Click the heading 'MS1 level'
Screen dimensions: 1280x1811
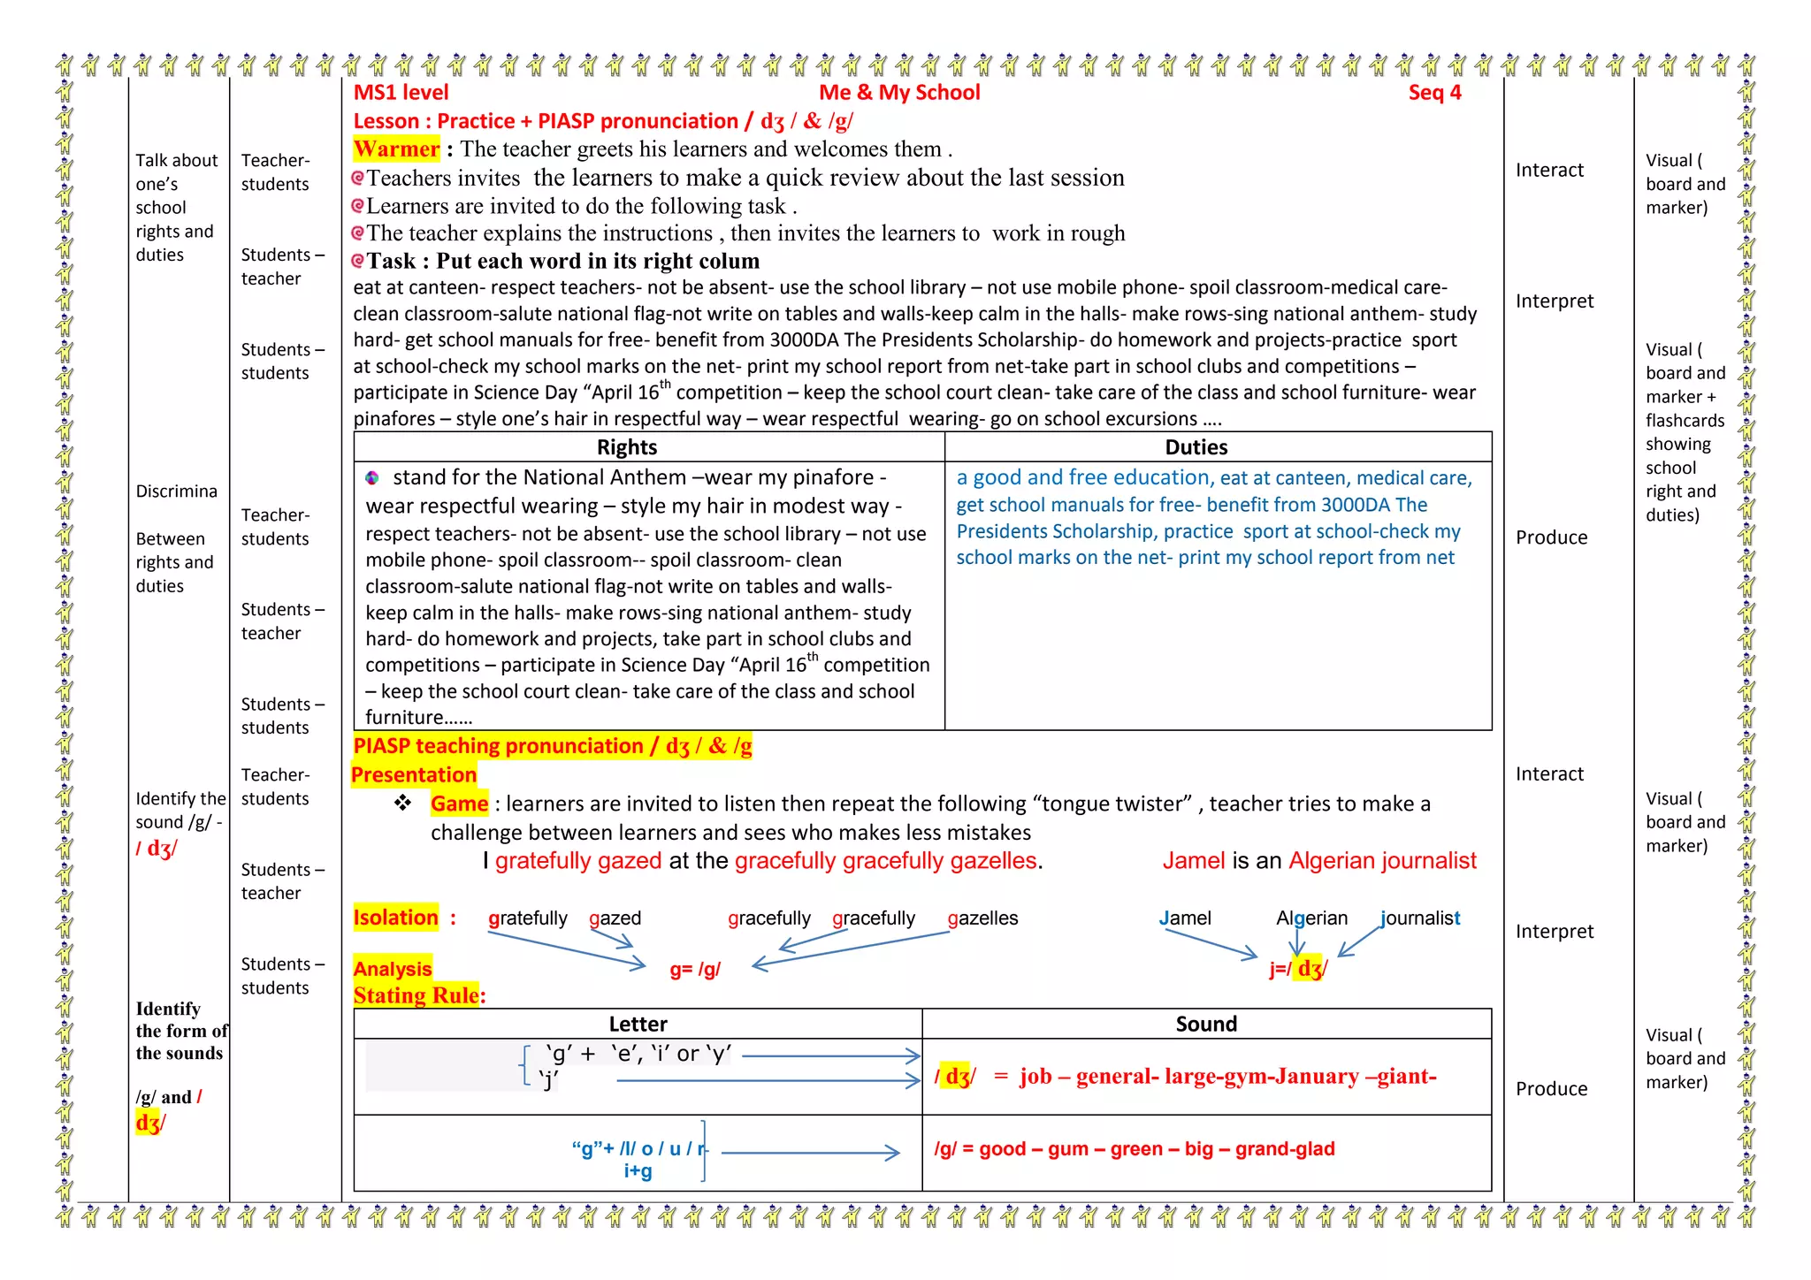[401, 93]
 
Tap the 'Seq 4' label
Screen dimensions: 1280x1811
[1434, 93]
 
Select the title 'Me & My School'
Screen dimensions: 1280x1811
[899, 93]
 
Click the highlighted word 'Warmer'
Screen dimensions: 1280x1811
[396, 149]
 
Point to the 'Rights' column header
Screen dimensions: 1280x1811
[626, 447]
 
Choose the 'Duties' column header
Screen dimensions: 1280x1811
[1196, 447]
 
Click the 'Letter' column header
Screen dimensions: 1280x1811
[638, 1025]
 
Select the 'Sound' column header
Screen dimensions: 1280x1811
[1206, 1025]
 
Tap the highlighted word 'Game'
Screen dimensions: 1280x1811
[459, 804]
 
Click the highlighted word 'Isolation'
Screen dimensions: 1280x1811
[395, 918]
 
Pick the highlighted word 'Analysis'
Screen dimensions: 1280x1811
[392, 969]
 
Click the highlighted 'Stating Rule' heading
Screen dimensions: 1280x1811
[416, 996]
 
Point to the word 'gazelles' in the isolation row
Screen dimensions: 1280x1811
[982, 918]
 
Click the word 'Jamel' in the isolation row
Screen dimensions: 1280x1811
[1185, 918]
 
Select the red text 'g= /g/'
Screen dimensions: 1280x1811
[695, 970]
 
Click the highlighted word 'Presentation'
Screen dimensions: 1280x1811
[413, 775]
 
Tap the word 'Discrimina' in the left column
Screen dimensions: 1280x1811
[176, 491]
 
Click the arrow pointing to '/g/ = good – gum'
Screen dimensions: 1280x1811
[810, 1153]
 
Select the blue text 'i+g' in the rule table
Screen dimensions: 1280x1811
[638, 1172]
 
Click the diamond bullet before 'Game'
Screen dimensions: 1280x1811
[403, 804]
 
